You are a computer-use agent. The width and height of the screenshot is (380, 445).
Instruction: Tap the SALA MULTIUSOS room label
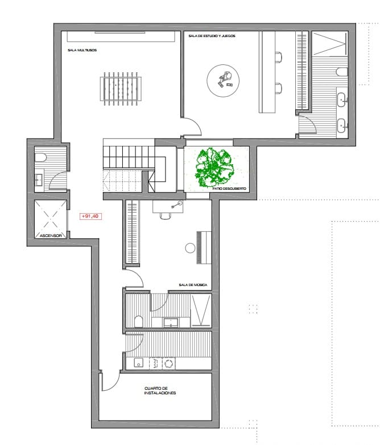[x=82, y=50]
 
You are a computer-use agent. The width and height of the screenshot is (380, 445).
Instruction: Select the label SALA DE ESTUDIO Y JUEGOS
[x=212, y=35]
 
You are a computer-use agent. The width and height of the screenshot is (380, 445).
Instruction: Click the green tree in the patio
[x=214, y=168]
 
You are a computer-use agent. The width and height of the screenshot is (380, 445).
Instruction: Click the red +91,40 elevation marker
[x=90, y=217]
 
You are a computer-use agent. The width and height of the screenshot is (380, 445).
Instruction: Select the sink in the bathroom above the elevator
[x=39, y=180]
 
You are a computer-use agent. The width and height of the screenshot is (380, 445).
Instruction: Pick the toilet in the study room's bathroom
[x=341, y=72]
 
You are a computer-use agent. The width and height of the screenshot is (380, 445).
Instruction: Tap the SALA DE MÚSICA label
[x=192, y=284]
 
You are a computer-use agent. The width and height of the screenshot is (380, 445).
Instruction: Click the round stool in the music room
[x=189, y=247]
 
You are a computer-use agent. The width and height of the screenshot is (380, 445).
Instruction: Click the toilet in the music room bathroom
[x=138, y=321]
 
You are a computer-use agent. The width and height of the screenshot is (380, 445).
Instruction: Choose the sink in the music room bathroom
[x=171, y=322]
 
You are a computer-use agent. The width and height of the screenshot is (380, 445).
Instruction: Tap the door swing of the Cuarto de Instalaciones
[x=111, y=380]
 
